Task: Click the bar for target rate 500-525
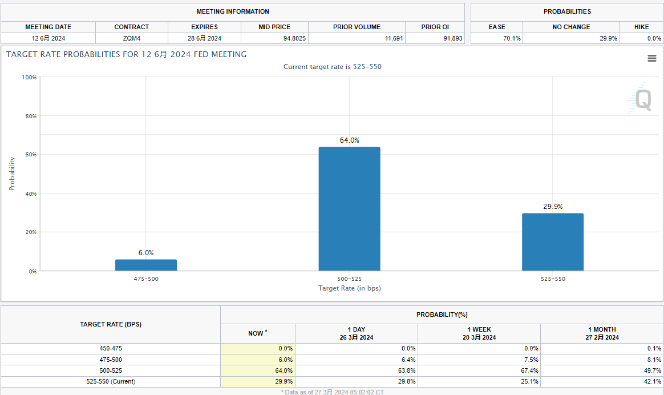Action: [x=349, y=209]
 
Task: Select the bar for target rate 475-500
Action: [x=146, y=265]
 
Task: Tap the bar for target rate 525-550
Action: [x=552, y=242]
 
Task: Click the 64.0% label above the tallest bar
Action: [x=349, y=140]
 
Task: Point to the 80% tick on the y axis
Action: [x=29, y=116]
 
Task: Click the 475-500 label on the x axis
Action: [x=146, y=279]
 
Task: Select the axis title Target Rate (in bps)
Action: [x=349, y=288]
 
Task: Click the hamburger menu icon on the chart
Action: [x=651, y=58]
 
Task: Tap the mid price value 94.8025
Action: [x=274, y=38]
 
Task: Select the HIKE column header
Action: [x=641, y=27]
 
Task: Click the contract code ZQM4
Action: [x=131, y=38]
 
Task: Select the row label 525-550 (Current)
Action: [x=111, y=381]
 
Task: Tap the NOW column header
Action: [x=258, y=333]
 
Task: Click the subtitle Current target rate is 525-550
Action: [x=332, y=67]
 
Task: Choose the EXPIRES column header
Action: [x=204, y=27]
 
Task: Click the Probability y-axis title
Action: [x=12, y=174]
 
